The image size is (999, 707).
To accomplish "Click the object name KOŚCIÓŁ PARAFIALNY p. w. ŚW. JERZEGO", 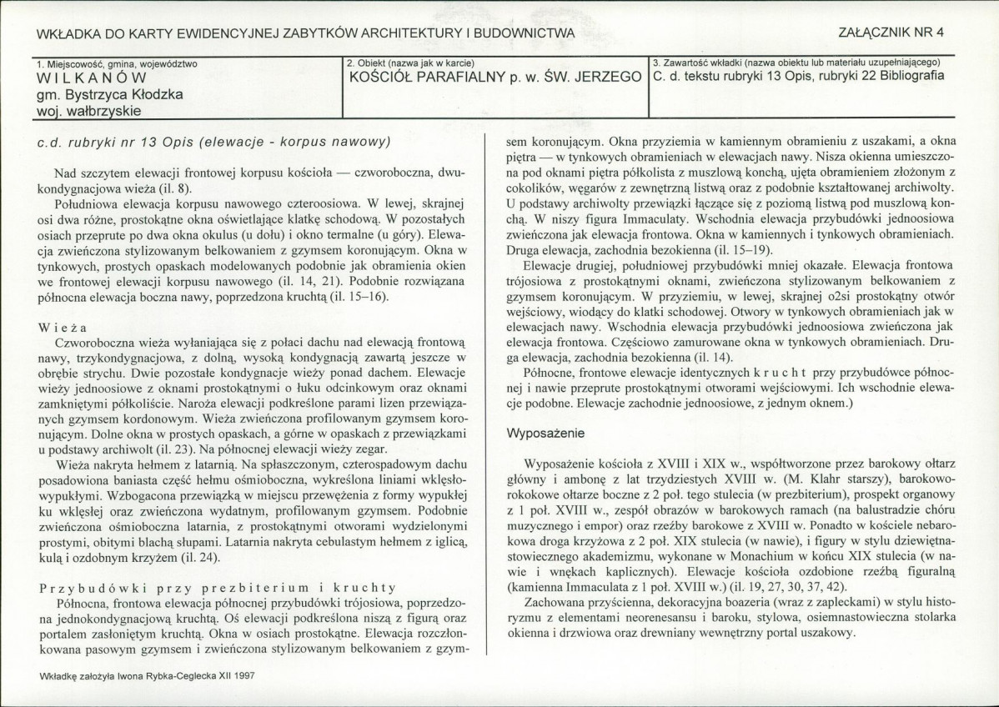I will coord(494,78).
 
